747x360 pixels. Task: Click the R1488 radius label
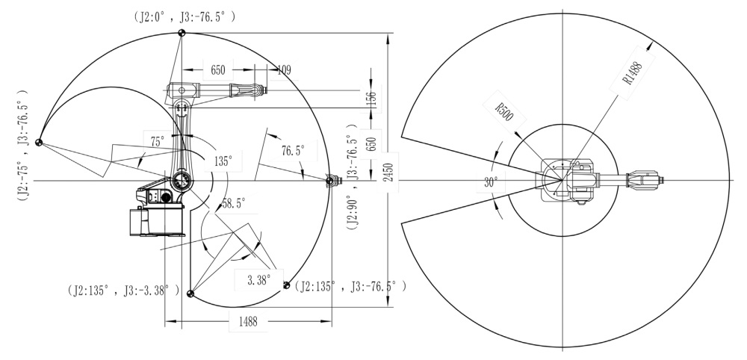pyautogui.click(x=633, y=73)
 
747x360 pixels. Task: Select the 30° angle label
pyautogui.click(x=491, y=182)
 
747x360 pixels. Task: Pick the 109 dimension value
pyautogui.click(x=284, y=70)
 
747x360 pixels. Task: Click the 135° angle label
pyautogui.click(x=223, y=161)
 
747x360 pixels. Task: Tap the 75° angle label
pyautogui.click(x=157, y=141)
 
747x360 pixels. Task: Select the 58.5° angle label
pyautogui.click(x=233, y=203)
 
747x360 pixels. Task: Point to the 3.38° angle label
pyautogui.click(x=259, y=279)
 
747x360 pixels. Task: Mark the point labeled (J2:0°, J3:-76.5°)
pyautogui.click(x=181, y=33)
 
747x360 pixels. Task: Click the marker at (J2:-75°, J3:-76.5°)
pyautogui.click(x=39, y=142)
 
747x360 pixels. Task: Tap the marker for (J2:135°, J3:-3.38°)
pyautogui.click(x=190, y=293)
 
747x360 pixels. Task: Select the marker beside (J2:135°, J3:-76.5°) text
pyautogui.click(x=286, y=285)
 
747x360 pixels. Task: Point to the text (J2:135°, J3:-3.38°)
pyautogui.click(x=124, y=290)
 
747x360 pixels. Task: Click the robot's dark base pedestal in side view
pyautogui.click(x=157, y=220)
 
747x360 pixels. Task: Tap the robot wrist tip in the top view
pyautogui.click(x=661, y=180)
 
